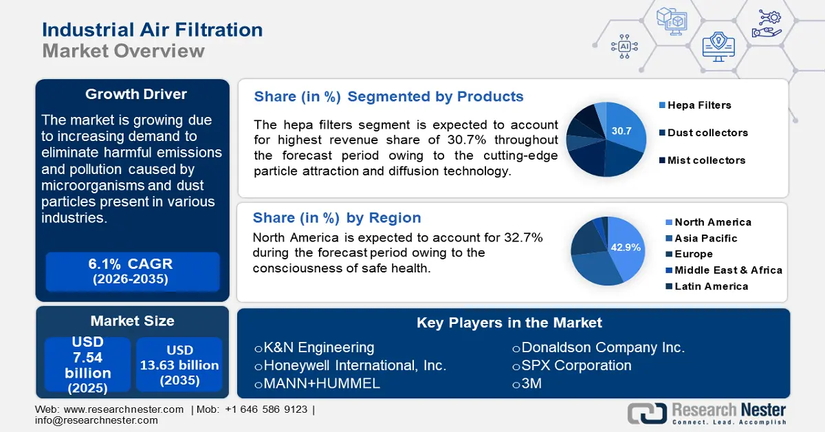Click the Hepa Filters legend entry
coord(695,105)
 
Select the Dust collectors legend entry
coord(703,133)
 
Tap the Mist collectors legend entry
coord(702,160)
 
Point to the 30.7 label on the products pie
coord(621,131)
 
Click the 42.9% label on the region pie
coord(626,248)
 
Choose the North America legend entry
coord(709,222)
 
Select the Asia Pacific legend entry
coord(702,239)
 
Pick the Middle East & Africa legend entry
coord(724,270)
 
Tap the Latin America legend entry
coord(707,286)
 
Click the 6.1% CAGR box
coord(133,272)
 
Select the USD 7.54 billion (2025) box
coord(88,364)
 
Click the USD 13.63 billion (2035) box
coord(179,364)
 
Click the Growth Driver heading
coord(136,94)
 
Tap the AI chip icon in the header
coord(624,47)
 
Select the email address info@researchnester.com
coord(96,420)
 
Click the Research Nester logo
coord(707,413)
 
